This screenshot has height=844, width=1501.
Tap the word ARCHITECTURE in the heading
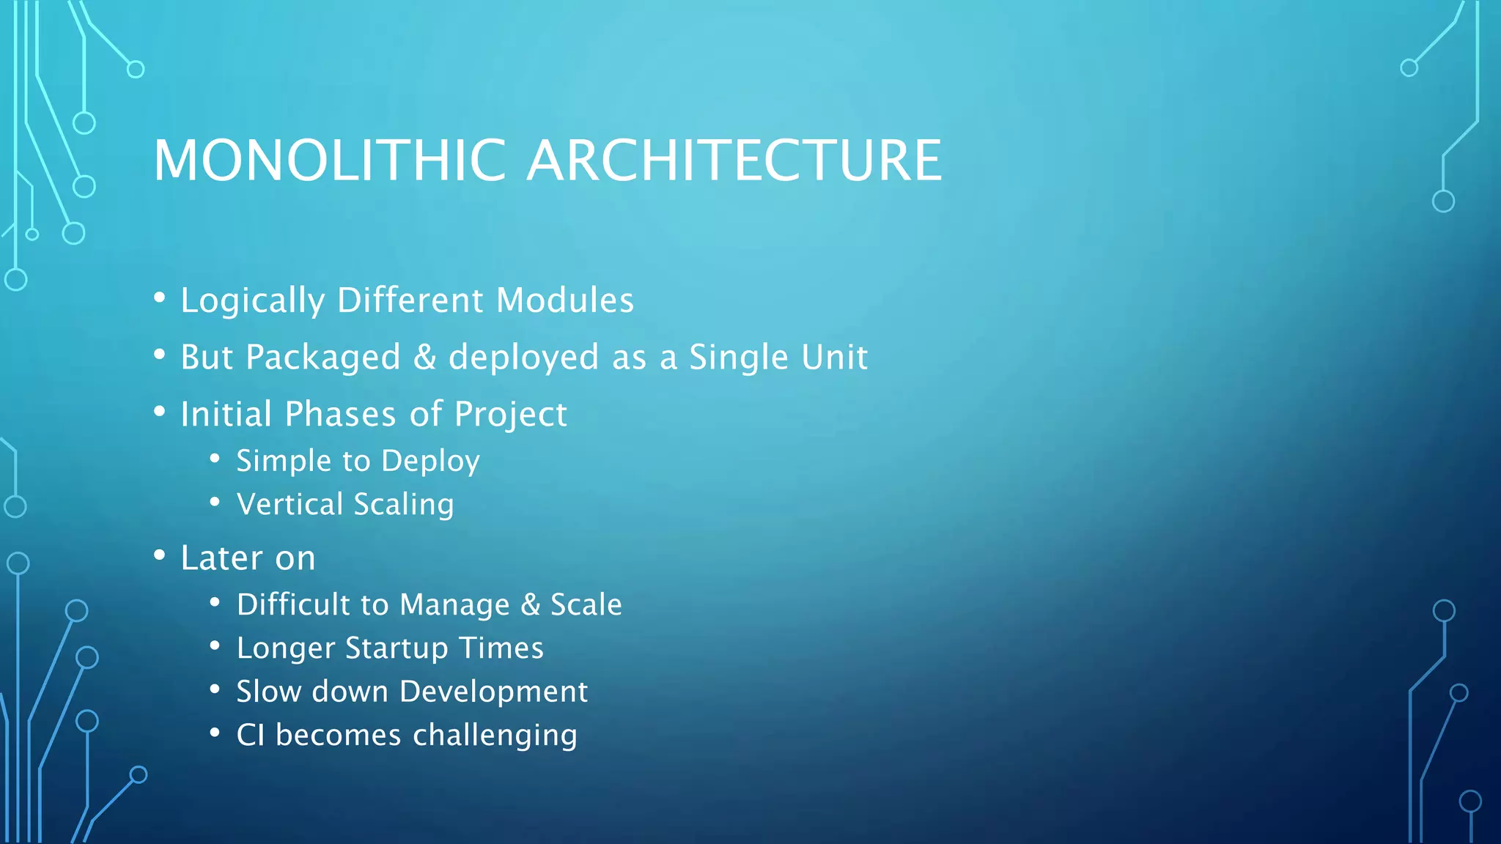734,160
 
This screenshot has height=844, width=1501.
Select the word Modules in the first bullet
564,300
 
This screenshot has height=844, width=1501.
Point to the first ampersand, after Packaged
424,358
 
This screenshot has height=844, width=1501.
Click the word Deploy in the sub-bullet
430,462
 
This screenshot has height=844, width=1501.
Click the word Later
221,558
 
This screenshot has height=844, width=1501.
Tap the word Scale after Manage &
586,604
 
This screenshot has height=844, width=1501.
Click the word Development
493,692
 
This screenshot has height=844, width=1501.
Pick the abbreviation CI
250,735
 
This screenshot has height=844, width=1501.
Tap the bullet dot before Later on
160,555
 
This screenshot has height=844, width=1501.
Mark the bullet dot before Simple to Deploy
215,459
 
